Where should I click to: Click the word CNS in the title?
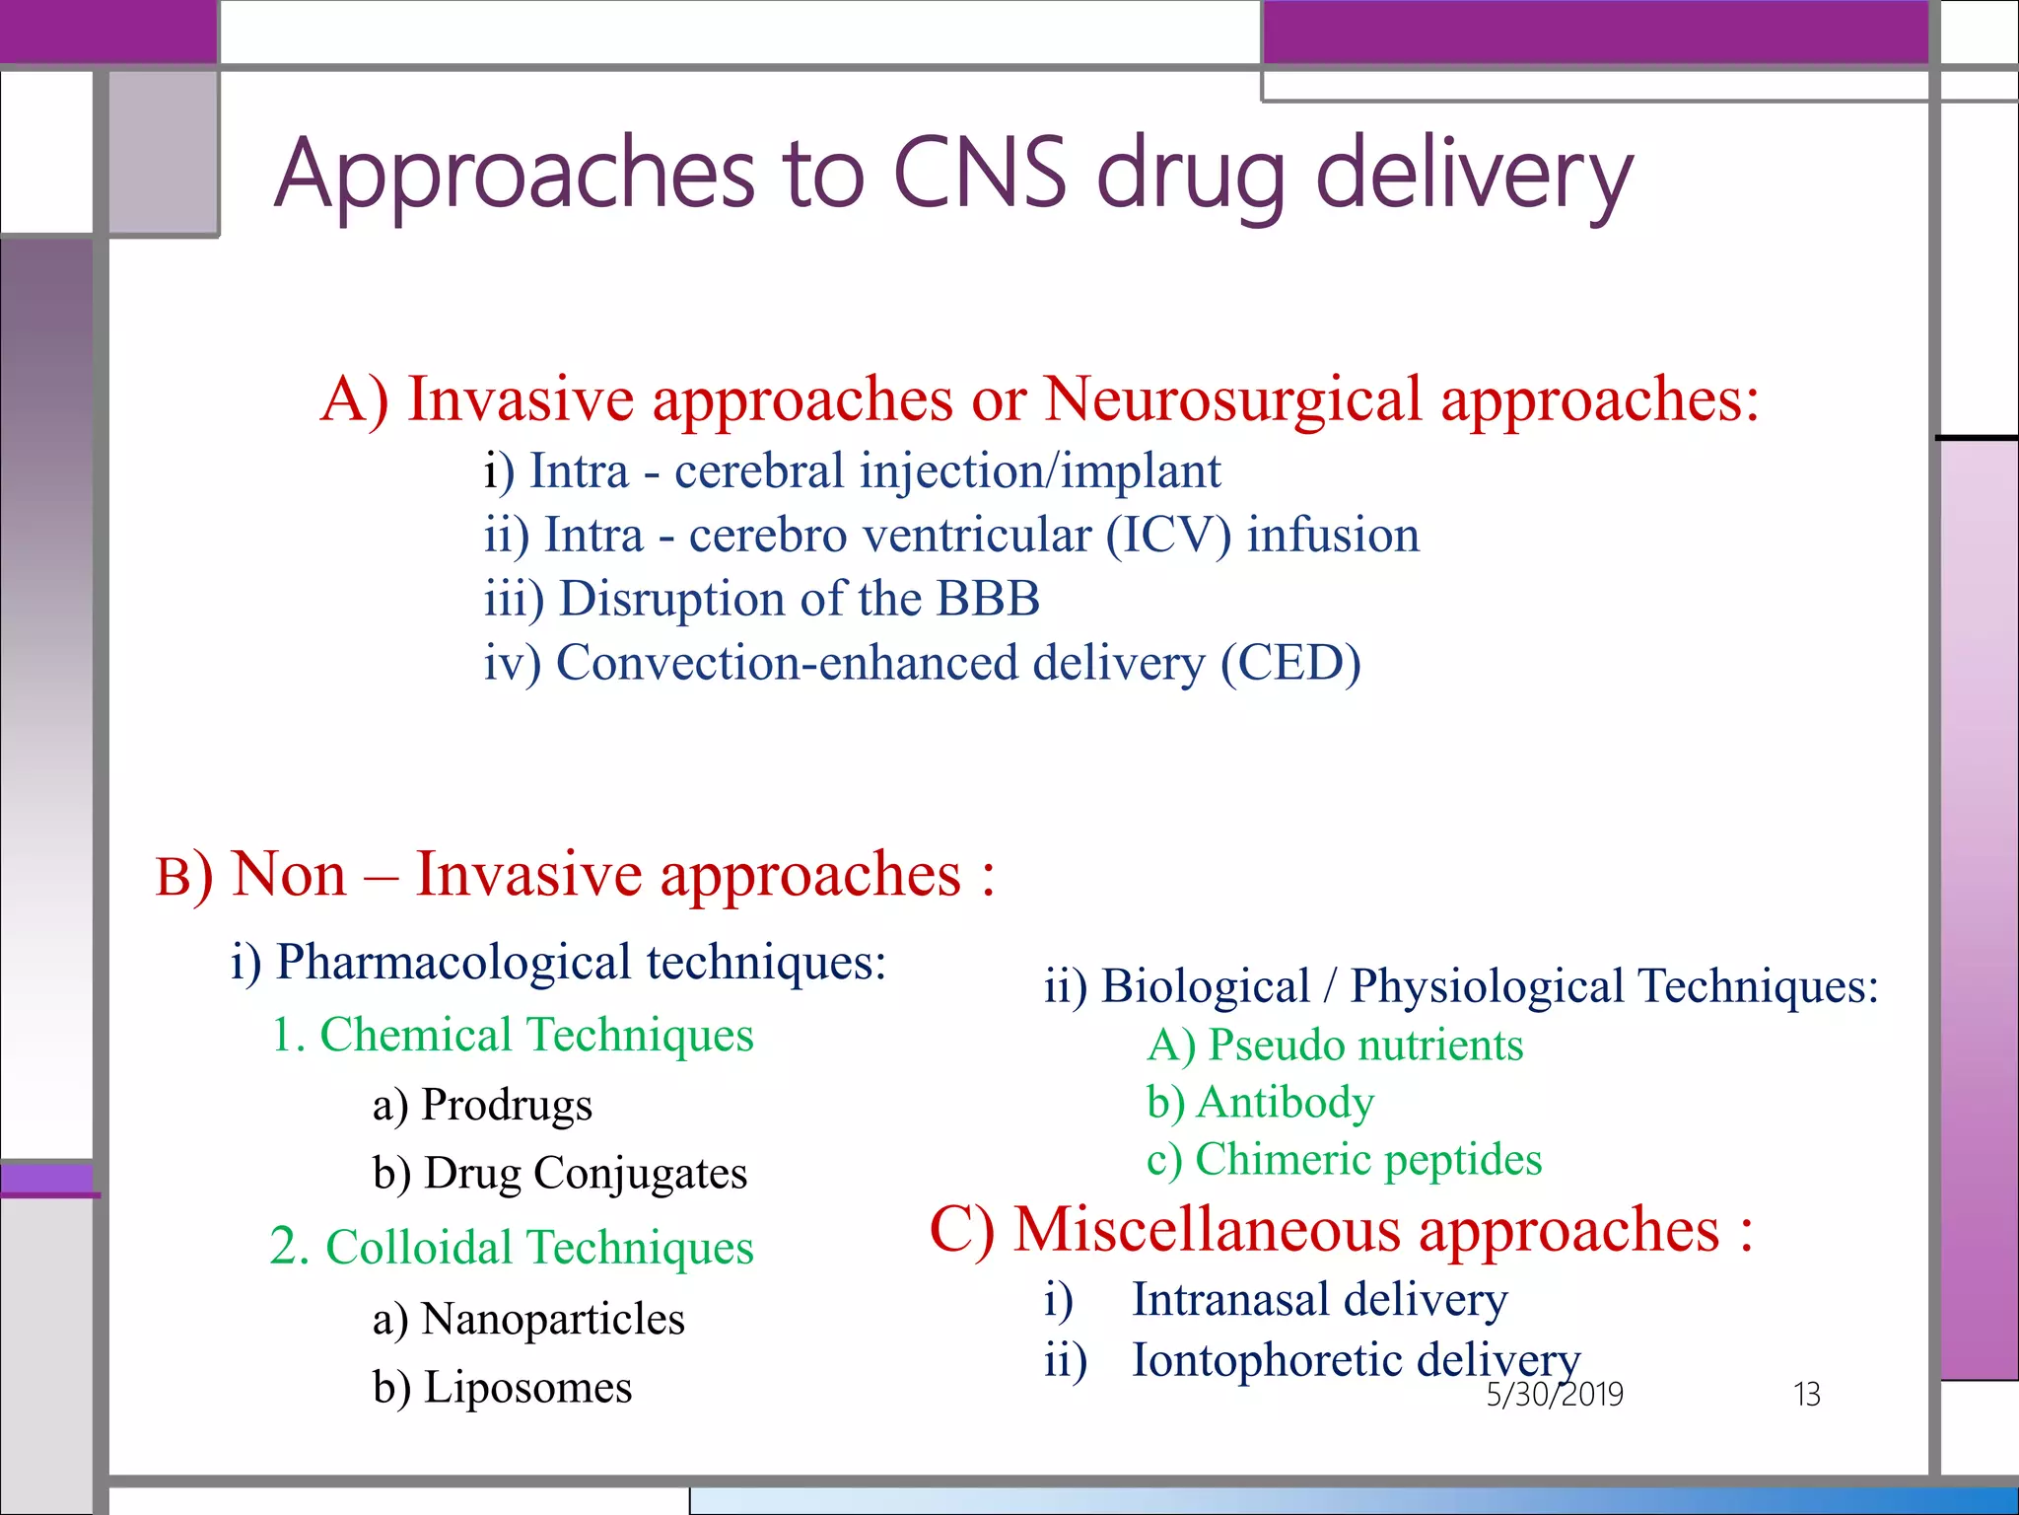(979, 175)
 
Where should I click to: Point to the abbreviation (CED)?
(1290, 663)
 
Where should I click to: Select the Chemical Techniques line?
(513, 1036)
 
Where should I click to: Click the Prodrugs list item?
(506, 1105)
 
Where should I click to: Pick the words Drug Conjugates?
(586, 1174)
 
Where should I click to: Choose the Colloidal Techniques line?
(513, 1248)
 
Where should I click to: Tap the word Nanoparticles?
(552, 1319)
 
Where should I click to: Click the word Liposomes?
(527, 1388)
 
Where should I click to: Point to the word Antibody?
(1285, 1103)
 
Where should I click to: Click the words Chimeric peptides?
(1367, 1160)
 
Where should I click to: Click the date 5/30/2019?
(1554, 1394)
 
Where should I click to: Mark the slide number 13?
(1806, 1394)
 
